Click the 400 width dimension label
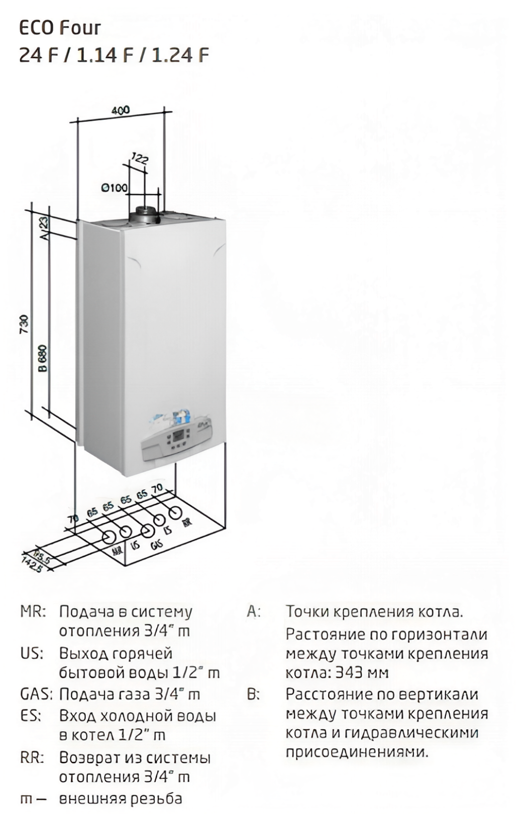click(121, 110)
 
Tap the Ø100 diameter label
click(114, 188)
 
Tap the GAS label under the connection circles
click(157, 544)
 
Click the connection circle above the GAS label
click(147, 531)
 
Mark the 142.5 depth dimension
click(31, 562)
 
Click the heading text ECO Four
click(60, 28)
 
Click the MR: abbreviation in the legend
click(33, 612)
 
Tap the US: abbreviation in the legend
click(32, 653)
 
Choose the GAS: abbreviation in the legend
click(36, 695)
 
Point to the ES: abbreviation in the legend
click(31, 716)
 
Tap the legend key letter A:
click(254, 612)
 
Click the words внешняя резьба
click(121, 798)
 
